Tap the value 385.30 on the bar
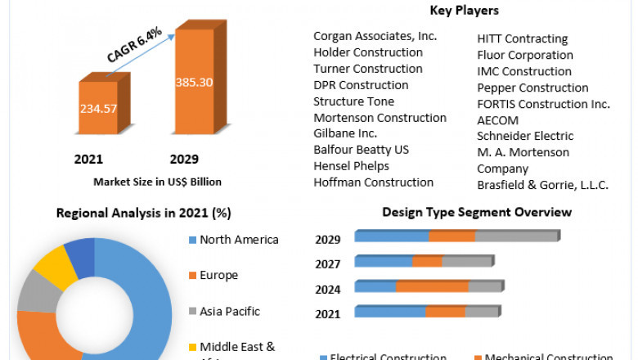point(195,83)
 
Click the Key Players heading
point(465,11)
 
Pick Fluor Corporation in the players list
point(525,55)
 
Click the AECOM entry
point(498,120)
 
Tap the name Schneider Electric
point(525,136)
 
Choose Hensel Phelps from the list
point(351,166)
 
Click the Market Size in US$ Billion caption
point(157,182)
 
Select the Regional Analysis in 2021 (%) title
point(143,214)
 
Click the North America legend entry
point(239,240)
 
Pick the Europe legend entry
point(218,275)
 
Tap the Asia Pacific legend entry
point(229,311)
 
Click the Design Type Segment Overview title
point(477,213)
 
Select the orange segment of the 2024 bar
point(432,286)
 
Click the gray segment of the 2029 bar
point(515,236)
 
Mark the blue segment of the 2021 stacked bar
point(390,312)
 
